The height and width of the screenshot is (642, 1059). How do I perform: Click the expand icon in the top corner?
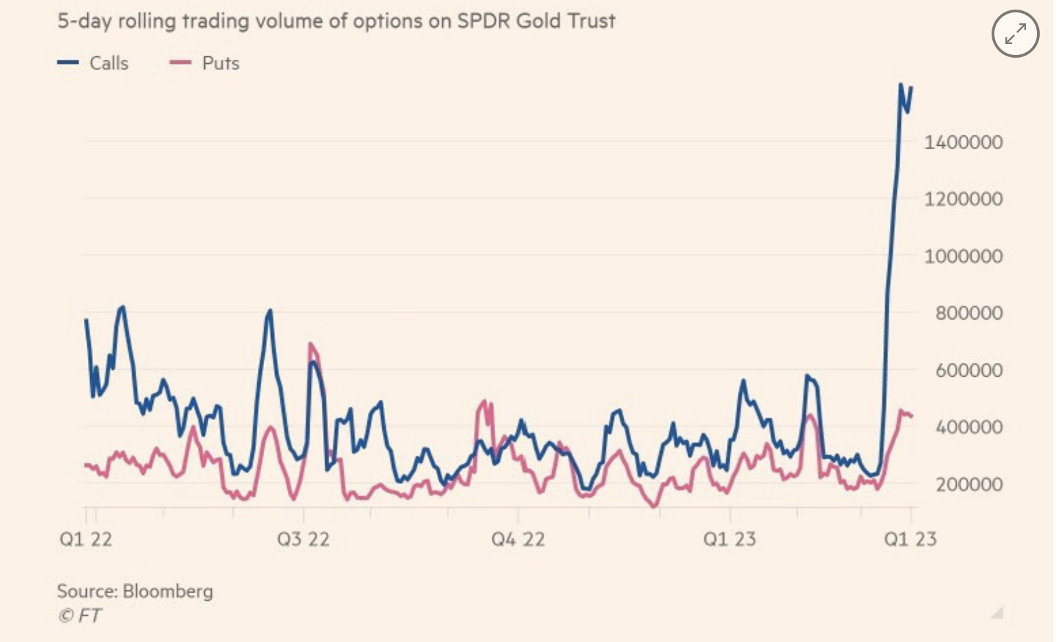coord(1015,34)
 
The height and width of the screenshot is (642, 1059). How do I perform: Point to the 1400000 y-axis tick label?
coord(963,142)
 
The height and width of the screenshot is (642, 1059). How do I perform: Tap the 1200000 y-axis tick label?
coord(963,199)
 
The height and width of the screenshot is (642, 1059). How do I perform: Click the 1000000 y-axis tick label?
coord(963,256)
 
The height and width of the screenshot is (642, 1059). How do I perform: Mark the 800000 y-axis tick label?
coord(968,313)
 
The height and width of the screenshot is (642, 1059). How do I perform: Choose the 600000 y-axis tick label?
coord(968,370)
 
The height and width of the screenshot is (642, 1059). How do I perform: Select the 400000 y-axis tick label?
coord(968,427)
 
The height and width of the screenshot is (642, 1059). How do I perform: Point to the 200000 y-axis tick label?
coord(968,485)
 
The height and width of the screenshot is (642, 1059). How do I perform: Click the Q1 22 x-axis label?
coord(86,539)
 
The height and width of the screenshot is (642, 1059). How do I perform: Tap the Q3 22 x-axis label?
coord(303,539)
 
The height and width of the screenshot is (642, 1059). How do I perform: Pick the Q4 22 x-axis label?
coord(518,539)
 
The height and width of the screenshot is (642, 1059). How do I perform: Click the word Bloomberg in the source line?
coord(168,591)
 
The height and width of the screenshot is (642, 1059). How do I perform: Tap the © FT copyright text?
coord(80,615)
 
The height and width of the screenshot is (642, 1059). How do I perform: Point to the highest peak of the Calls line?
coord(901,85)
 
